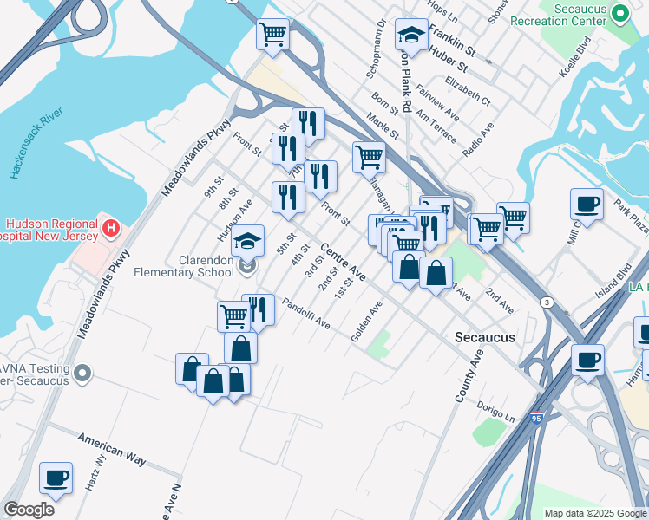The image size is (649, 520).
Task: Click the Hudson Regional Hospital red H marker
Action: (111, 229)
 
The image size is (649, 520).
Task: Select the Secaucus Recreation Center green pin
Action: (619, 13)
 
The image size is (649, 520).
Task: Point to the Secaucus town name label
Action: (485, 337)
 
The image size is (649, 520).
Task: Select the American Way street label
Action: (111, 447)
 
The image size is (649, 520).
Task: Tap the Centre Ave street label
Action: (343, 263)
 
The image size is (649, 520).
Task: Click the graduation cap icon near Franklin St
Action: (410, 35)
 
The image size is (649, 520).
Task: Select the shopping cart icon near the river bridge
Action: (272, 34)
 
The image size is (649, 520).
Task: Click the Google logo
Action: (29, 510)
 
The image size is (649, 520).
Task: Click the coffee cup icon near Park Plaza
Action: (587, 205)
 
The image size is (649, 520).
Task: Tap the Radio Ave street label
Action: (478, 139)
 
